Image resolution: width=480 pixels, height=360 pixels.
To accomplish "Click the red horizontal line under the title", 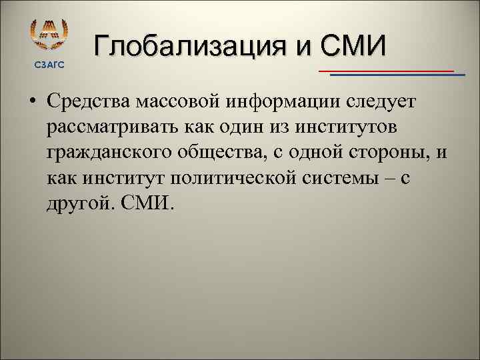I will pyautogui.click(x=387, y=70).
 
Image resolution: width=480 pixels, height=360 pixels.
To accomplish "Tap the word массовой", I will pyautogui.click(x=179, y=101).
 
